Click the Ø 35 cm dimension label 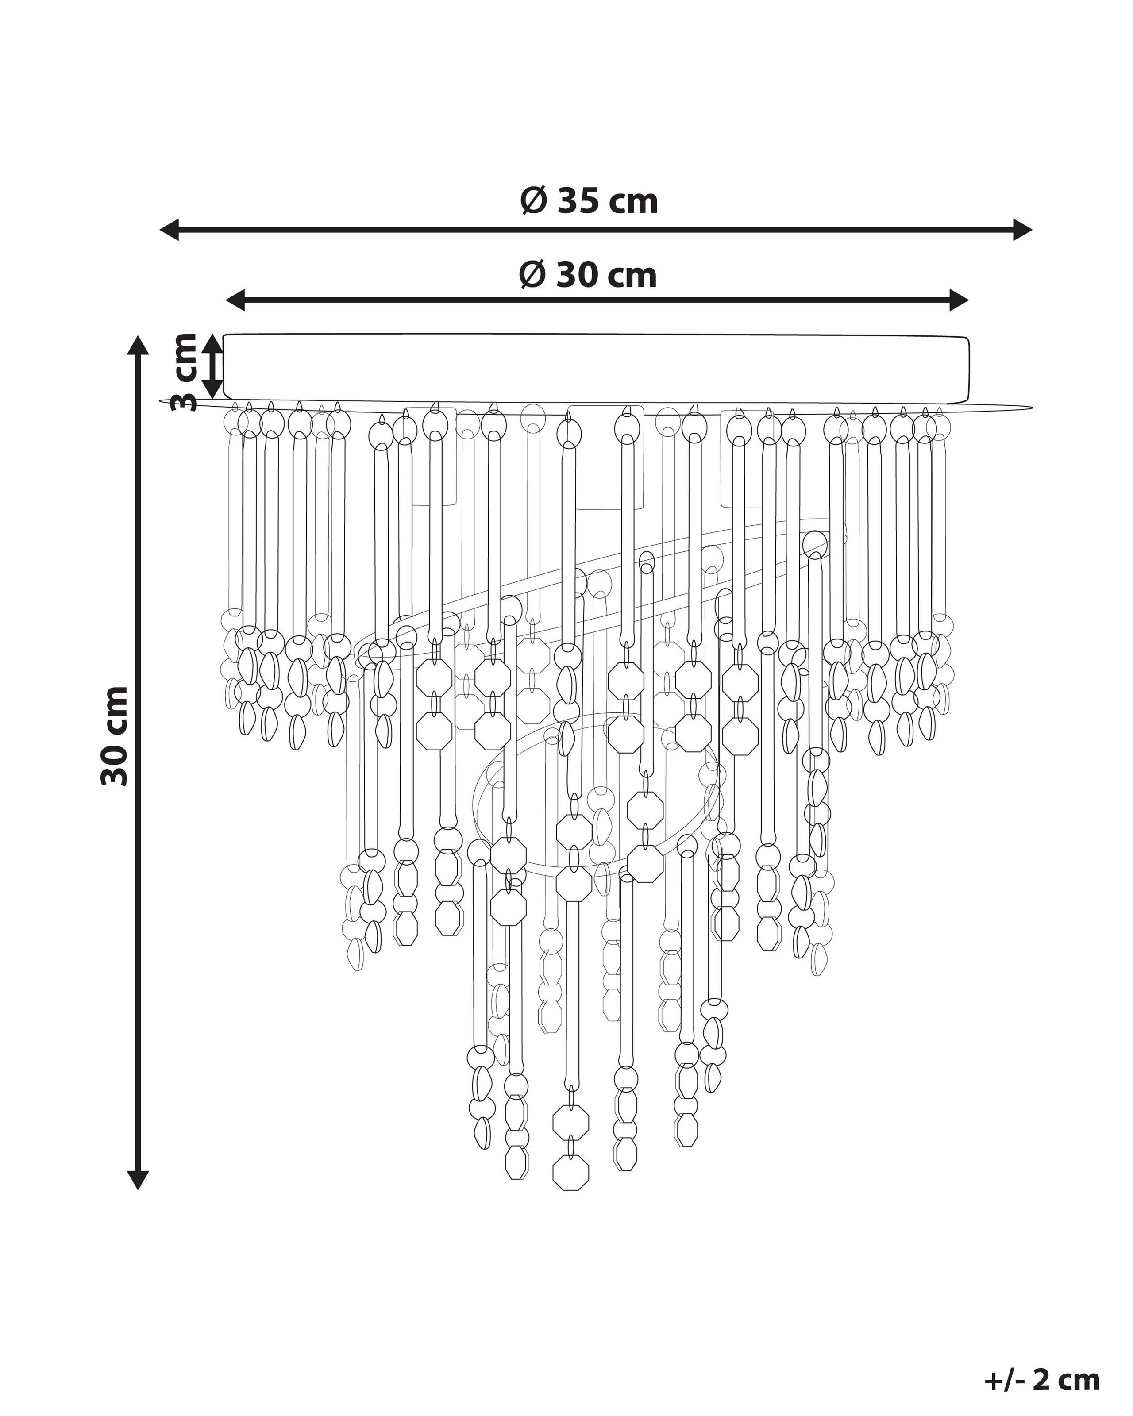[x=589, y=201]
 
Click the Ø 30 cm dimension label [x=588, y=274]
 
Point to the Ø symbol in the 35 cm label [x=533, y=201]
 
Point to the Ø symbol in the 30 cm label [x=532, y=274]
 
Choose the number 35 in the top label [x=577, y=201]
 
